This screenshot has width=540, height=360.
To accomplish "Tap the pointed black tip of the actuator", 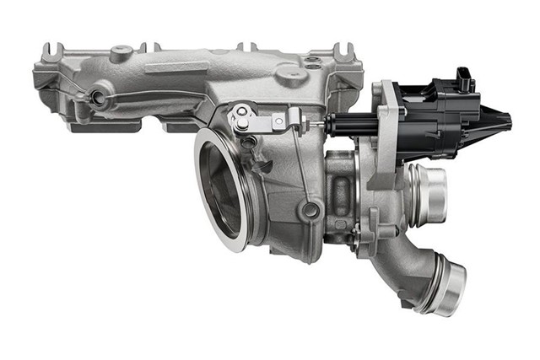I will coord(502,119).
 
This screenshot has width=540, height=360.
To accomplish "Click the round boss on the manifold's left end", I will coord(100,97).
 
